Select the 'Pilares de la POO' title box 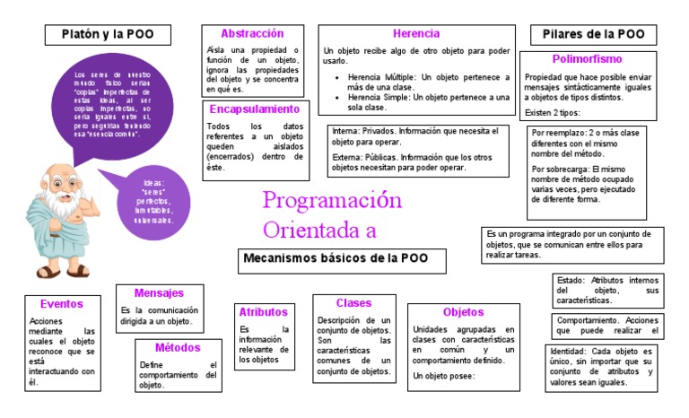coord(593,35)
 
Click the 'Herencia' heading coord(415,33)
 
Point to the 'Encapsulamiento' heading coord(254,109)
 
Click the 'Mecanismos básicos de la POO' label coord(344,258)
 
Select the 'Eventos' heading coord(62,303)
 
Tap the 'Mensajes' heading coord(159,292)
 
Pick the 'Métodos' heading coord(178,347)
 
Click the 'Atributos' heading coord(263,311)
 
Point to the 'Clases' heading coord(353,303)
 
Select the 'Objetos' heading coord(464,312)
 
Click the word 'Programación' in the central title coord(332,201)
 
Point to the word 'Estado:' coord(571,280)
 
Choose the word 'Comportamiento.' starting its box coord(584,320)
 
